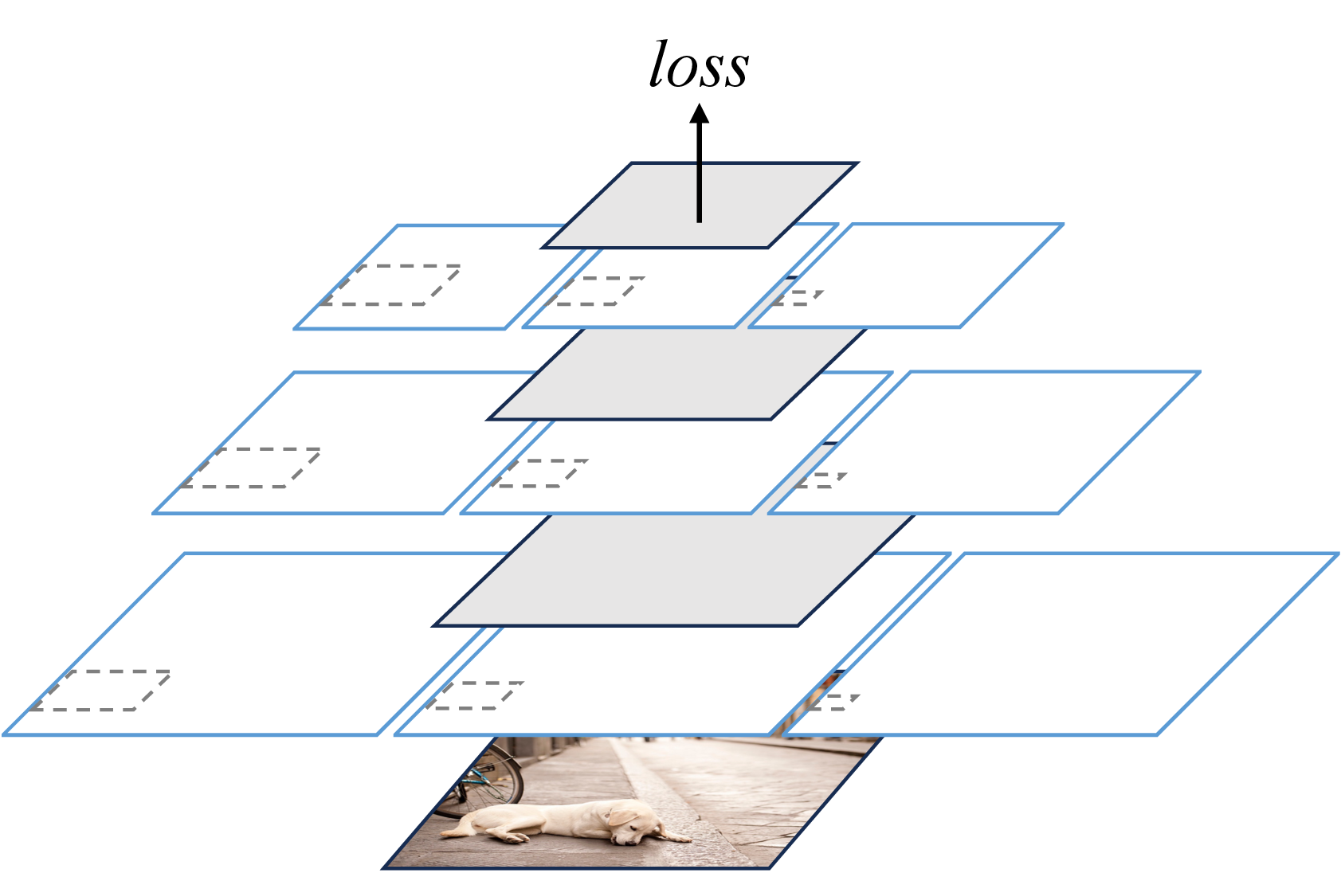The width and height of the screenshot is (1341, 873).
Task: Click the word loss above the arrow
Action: click(x=699, y=64)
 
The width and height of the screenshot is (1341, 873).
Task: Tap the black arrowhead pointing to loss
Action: click(x=700, y=114)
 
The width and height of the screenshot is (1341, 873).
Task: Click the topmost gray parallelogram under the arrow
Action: click(x=700, y=205)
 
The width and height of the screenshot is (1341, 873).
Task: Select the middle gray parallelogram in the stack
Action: click(x=676, y=374)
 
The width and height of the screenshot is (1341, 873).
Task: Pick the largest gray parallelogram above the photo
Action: click(x=673, y=570)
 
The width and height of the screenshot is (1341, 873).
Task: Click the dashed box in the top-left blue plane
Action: click(x=390, y=285)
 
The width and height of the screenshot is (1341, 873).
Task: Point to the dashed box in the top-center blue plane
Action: click(x=595, y=292)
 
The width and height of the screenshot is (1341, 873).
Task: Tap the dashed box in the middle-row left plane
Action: click(x=250, y=468)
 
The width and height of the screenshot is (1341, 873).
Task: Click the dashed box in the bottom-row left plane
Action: click(x=100, y=691)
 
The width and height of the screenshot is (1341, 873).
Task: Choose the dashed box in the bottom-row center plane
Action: click(x=475, y=695)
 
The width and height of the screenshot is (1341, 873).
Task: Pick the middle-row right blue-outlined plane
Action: click(x=985, y=442)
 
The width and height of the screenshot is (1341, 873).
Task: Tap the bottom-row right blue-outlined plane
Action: click(x=1061, y=644)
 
